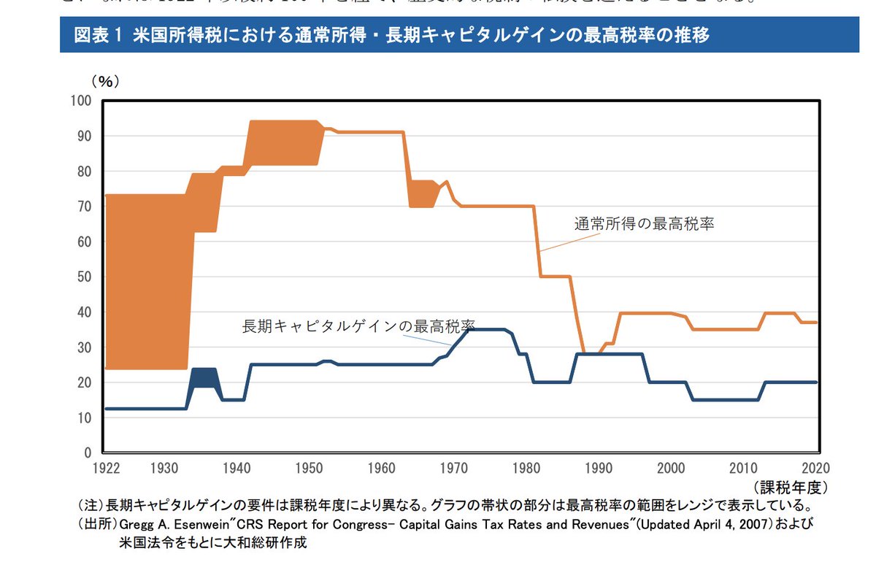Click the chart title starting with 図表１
391,35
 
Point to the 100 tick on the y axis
80,101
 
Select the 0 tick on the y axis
87,453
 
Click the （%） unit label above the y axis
104,82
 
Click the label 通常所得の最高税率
643,225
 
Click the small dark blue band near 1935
204,377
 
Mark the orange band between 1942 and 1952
285,142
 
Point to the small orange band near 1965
422,193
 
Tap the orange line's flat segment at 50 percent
555,277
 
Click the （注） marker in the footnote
91,505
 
